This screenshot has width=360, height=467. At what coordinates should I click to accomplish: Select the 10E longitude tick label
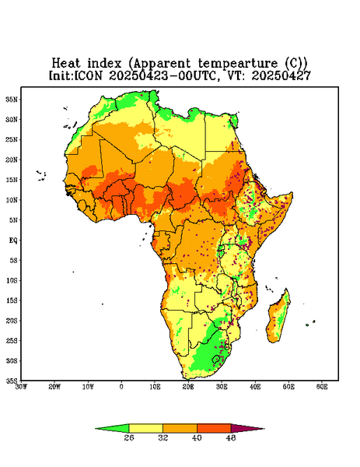click(x=155, y=387)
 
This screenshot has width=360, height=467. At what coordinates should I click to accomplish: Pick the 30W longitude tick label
click(x=22, y=387)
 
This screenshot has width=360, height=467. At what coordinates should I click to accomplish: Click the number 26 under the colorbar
click(x=129, y=437)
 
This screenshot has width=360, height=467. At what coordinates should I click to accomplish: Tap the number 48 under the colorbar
click(x=231, y=437)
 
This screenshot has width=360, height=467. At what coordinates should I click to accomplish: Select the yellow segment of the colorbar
click(x=145, y=428)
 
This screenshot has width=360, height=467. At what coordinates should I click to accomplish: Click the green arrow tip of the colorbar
click(x=95, y=429)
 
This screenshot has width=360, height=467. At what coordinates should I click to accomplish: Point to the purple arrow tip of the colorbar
click(x=264, y=429)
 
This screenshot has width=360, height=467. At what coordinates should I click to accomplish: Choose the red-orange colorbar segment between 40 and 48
click(x=214, y=428)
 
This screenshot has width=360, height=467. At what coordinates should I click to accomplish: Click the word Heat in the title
click(x=66, y=63)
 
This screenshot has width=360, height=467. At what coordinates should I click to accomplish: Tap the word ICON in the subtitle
click(x=88, y=75)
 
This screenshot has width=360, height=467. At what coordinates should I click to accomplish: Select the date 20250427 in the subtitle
click(x=281, y=75)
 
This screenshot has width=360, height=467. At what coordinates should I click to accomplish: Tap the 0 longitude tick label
click(x=121, y=387)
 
